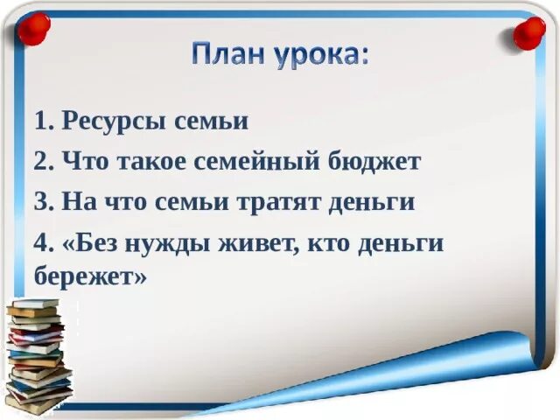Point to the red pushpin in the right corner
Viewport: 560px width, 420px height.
point(528,32)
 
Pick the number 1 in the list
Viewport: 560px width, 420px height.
point(41,121)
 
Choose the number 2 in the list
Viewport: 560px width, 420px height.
point(41,161)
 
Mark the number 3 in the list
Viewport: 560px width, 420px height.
point(41,202)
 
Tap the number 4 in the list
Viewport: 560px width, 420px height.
point(41,242)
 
